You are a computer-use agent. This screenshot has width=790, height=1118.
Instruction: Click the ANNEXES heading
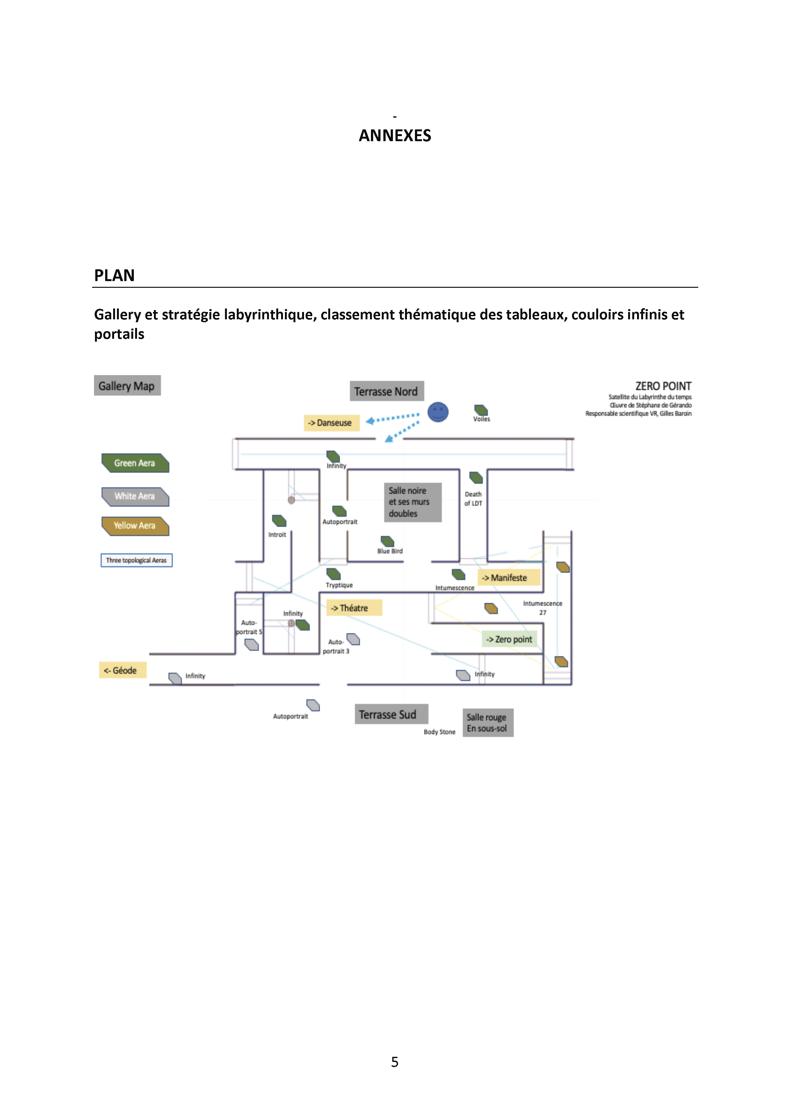pos(395,135)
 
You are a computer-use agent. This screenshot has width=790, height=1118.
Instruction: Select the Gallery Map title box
pos(127,386)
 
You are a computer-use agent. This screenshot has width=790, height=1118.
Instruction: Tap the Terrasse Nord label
pos(387,391)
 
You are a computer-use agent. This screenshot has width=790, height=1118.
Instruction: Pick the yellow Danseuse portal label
pos(331,423)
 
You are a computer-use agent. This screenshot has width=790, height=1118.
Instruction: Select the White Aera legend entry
pos(135,496)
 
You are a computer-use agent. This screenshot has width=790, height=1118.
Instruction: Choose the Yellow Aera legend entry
pos(135,526)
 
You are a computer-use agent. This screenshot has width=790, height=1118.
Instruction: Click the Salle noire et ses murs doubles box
pos(412,502)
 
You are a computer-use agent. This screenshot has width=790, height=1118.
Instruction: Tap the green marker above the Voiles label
pos(481,410)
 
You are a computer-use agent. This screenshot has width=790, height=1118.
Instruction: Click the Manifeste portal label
pos(508,577)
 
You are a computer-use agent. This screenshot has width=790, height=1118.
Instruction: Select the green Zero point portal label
pos(510,639)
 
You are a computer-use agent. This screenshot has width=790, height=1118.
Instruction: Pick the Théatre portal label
pos(353,608)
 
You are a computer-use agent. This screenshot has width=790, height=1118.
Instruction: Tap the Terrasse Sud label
pos(391,714)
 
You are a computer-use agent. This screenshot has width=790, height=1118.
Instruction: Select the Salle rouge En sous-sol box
pos(487,722)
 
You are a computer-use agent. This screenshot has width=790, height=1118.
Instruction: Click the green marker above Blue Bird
pos(388,541)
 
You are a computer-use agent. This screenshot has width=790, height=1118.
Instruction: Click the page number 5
pos(395,1062)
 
